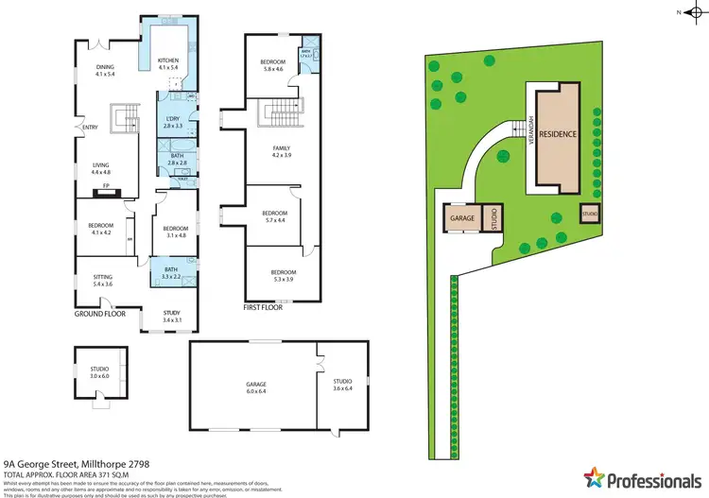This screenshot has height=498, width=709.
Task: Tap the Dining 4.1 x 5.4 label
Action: pos(106,71)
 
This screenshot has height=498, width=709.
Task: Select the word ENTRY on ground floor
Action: pos(91,129)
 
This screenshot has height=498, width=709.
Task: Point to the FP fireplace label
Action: pos(106,186)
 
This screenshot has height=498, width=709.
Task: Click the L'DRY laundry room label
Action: pos(171,122)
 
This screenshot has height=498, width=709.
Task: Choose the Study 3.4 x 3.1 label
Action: pos(171,316)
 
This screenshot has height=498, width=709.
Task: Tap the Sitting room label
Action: pos(101,281)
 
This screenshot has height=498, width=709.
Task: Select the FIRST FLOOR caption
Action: pos(262,308)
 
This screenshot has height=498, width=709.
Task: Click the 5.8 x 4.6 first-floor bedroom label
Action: pos(274,65)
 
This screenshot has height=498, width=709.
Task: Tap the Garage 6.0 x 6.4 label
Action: pos(257,387)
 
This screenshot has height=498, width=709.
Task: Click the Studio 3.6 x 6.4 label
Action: pos(342,386)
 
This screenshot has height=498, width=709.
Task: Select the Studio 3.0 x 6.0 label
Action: pos(100,373)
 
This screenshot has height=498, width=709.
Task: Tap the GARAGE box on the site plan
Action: pos(462,218)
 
